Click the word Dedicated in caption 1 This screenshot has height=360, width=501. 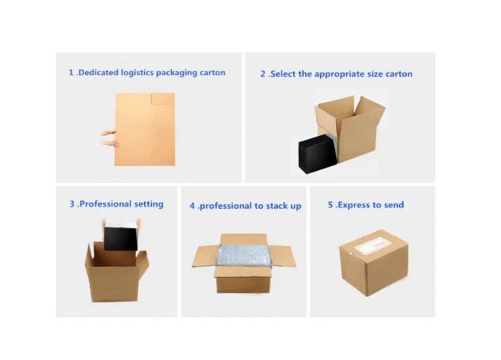coord(99,73)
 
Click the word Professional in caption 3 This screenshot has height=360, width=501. coord(105,204)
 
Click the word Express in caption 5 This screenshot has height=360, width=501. coord(354,205)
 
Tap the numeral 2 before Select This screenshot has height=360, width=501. coord(263,74)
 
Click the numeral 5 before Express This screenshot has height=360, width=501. coord(330,205)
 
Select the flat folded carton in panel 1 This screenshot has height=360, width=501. coord(145,129)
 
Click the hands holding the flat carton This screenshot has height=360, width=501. coord(109,138)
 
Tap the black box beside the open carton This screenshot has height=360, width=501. coord(318,153)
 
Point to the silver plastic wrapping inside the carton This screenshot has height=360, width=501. coord(244,255)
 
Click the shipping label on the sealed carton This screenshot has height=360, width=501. coord(373,246)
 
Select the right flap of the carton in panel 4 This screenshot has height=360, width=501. coord(282,256)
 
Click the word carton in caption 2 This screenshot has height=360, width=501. coord(399,74)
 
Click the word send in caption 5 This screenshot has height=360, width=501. coord(394,205)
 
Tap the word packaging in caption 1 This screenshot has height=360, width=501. coord(177,73)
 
